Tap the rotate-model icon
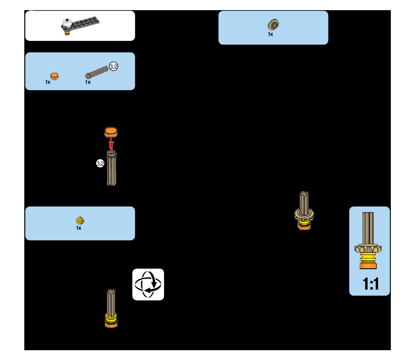pyautogui.click(x=148, y=285)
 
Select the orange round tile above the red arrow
pyautogui.click(x=111, y=132)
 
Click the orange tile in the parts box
pyautogui.click(x=54, y=76)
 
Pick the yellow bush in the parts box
pyautogui.click(x=80, y=220)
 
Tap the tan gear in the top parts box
pyautogui.click(x=273, y=24)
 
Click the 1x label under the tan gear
pyautogui.click(x=270, y=34)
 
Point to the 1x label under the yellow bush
pyautogui.click(x=79, y=228)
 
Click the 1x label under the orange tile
pyautogui.click(x=48, y=82)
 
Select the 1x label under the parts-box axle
pyautogui.click(x=88, y=82)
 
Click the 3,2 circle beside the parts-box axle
pyautogui.click(x=113, y=66)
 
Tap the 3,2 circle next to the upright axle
pyautogui.click(x=100, y=164)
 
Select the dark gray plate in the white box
pyautogui.click(x=85, y=24)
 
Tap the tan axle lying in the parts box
pyautogui.click(x=97, y=71)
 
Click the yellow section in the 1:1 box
pyautogui.click(x=369, y=259)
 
